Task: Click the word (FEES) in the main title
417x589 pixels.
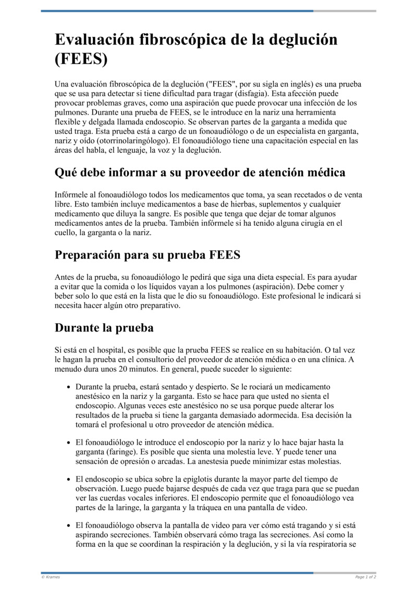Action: pyautogui.click(x=81, y=59)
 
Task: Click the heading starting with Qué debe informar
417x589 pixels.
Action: pyautogui.click(x=200, y=172)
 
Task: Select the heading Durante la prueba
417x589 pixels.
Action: pyautogui.click(x=104, y=328)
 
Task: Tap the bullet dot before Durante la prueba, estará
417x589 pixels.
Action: pyautogui.click(x=69, y=387)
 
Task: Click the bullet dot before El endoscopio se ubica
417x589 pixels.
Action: pyautogui.click(x=69, y=479)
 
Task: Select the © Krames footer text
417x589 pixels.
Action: pyautogui.click(x=51, y=577)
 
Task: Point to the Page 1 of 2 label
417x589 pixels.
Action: pyautogui.click(x=365, y=577)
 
